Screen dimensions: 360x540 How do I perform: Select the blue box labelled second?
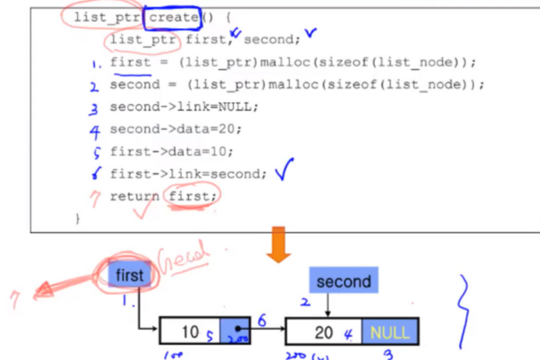coord(343,282)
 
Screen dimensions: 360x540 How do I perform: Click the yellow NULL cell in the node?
coord(389,332)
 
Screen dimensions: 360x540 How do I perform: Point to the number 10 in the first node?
coord(190,331)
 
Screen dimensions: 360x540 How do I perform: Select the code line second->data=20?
coord(175,129)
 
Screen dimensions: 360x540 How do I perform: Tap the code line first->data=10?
coord(172,151)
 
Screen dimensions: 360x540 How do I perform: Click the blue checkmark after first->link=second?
coord(285,171)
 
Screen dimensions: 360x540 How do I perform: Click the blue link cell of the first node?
coord(234,331)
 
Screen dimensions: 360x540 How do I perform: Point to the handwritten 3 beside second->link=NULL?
coord(93,108)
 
